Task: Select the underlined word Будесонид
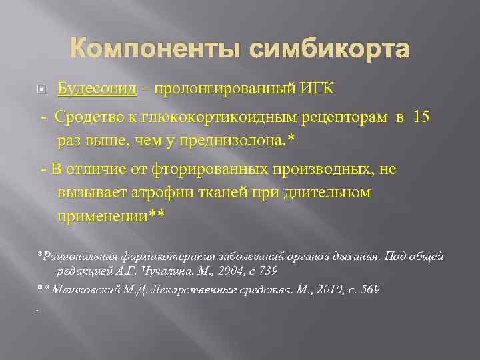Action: pos(97,89)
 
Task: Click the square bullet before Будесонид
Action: pos(40,89)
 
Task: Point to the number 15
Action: pos(421,117)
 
